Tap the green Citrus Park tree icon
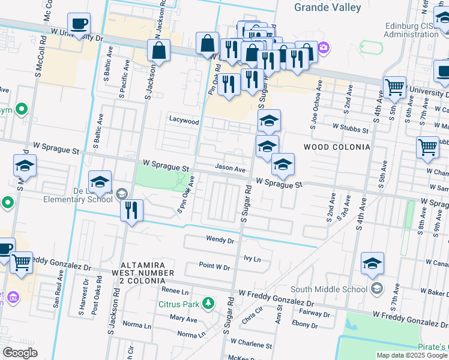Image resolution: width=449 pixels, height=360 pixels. tap(208, 303)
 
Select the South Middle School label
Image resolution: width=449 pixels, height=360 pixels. tap(329, 289)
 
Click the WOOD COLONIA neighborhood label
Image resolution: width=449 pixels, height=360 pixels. tap(336, 147)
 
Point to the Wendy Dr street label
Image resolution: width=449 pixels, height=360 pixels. tap(220, 240)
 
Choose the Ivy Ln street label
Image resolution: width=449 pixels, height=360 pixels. tap(252, 259)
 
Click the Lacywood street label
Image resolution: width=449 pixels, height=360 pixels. tap(184, 121)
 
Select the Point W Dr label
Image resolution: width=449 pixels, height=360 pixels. tap(214, 266)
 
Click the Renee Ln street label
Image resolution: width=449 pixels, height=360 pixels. tap(175, 290)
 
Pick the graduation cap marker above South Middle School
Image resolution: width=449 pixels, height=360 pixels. tap(372, 263)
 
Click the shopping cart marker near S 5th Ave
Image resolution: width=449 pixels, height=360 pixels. tap(394, 87)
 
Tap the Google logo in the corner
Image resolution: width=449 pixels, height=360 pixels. tap(20, 353)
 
